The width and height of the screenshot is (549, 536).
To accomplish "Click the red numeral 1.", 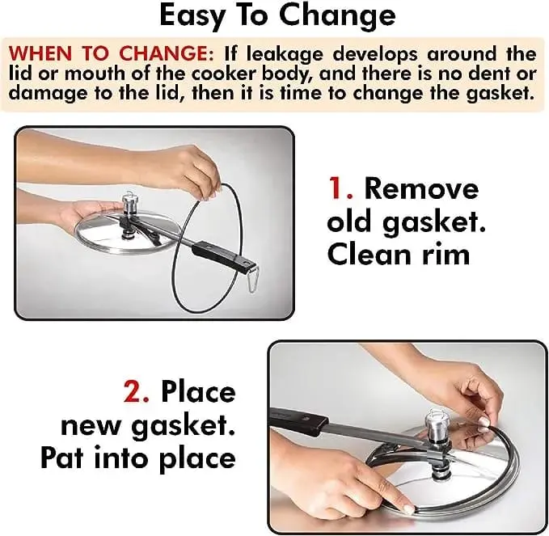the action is click(338, 188).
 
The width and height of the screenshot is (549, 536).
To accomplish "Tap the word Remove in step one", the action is click(421, 188).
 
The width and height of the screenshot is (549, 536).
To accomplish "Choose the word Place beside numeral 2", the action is click(198, 391).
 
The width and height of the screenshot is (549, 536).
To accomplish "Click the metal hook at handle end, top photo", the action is click(253, 278).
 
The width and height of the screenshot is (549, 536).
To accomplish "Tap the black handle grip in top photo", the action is click(223, 254).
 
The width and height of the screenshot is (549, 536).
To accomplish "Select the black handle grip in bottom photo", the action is click(300, 418).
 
